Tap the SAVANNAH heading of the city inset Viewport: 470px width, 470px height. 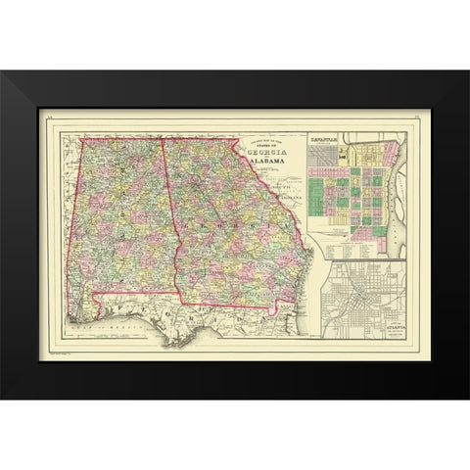(325, 140)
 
